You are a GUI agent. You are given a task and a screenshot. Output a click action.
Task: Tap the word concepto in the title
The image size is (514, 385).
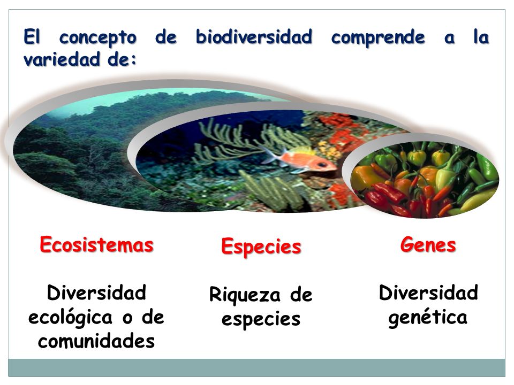tap(100, 38)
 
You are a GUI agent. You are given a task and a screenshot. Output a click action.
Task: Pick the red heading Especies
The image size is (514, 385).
tap(261, 247)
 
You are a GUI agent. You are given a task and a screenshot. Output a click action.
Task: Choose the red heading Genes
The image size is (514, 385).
tap(428, 245)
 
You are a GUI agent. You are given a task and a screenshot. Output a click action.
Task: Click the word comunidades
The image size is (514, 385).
tap(96, 341)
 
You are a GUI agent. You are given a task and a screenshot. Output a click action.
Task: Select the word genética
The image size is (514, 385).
tap(428, 317)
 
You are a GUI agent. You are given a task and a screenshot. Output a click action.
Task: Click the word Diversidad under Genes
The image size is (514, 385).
tap(428, 293)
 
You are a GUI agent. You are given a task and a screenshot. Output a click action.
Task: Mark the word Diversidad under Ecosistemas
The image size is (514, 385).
tap(96, 293)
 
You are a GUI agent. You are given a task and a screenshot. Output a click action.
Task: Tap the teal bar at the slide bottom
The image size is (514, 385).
tap(257, 368)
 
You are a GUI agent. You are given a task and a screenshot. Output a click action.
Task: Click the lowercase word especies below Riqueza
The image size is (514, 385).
tap(261, 319)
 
